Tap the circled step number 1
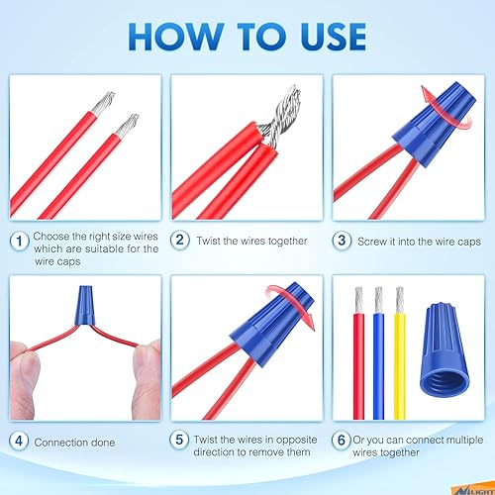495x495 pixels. tap(19, 241)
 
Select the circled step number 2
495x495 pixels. tap(180, 241)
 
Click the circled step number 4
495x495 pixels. tap(19, 442)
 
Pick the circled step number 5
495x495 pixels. tap(180, 442)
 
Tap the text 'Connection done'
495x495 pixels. tap(73, 442)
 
